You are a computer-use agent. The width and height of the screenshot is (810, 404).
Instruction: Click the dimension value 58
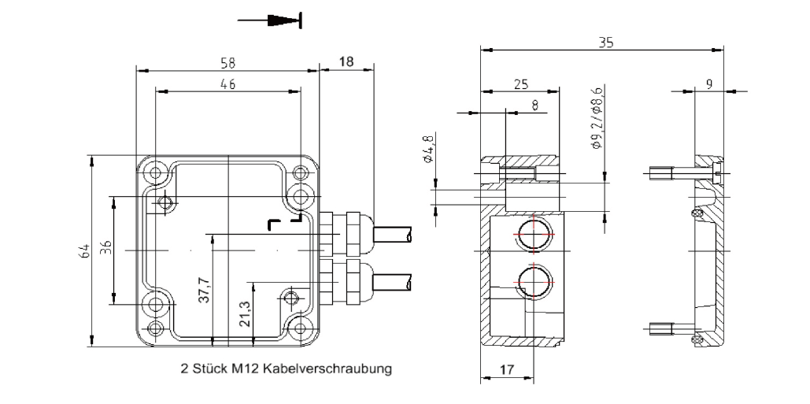228,62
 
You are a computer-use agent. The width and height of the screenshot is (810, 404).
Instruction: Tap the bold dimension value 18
346,62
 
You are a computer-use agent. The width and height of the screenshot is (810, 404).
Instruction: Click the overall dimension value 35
605,43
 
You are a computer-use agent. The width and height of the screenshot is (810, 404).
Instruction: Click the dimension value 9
709,83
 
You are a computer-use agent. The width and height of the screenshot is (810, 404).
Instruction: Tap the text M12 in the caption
245,368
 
